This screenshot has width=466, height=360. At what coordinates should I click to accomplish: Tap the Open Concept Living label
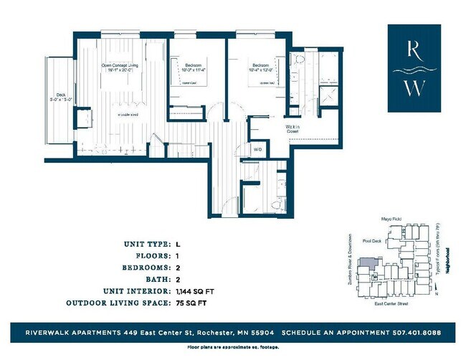point(119,66)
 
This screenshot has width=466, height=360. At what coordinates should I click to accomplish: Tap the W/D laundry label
point(257,149)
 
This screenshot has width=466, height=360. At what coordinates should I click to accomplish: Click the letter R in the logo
point(414,49)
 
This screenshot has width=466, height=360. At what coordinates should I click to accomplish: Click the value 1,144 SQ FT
point(195,292)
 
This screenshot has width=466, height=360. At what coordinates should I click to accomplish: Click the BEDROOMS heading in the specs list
point(146,267)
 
